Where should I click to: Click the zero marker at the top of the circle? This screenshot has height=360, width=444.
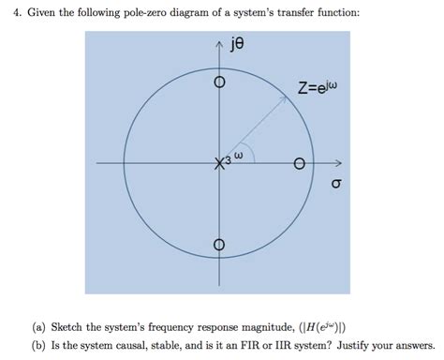pos(220,82)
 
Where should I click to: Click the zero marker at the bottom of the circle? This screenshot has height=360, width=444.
pos(220,246)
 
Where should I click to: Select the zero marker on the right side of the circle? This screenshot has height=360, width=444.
pos(300,164)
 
